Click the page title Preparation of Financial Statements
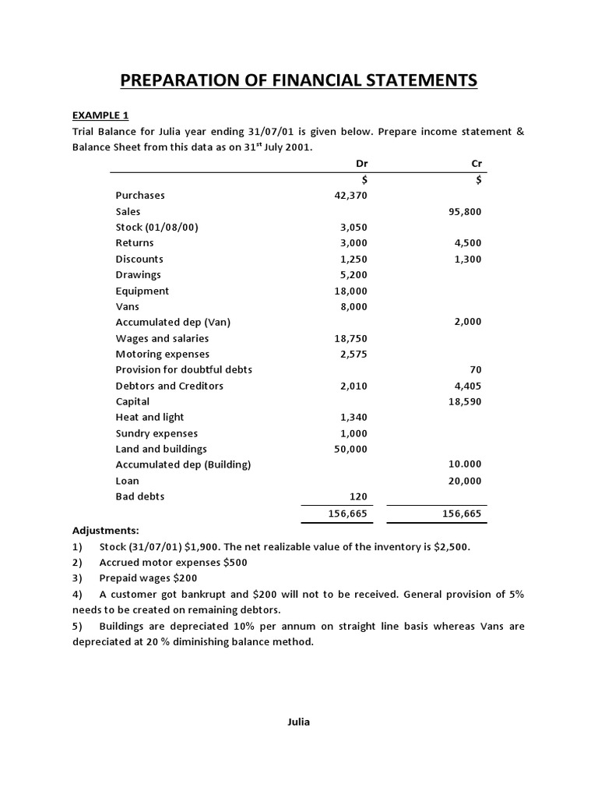pos(298,80)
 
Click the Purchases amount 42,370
pos(350,196)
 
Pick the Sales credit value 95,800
pos(466,211)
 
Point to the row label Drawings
pos(139,275)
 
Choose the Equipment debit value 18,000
pos(350,291)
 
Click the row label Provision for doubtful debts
pos(184,369)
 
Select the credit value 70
pos(475,369)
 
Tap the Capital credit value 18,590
pos(466,401)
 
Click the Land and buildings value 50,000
pos(350,449)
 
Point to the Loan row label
pos(128,481)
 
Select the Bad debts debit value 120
pos(357,496)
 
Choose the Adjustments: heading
pos(106,530)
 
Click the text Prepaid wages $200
pos(148,578)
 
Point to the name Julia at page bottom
pos(298,722)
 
